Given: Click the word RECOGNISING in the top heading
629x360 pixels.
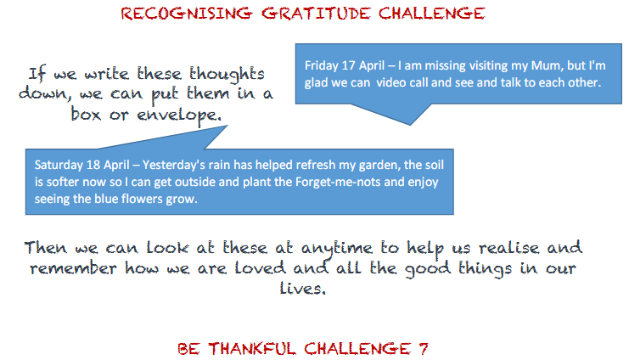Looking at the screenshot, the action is [x=187, y=14].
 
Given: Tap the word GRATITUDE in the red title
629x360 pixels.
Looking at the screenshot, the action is [x=316, y=14].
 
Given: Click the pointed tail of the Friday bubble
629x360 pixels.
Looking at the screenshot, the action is [x=410, y=125].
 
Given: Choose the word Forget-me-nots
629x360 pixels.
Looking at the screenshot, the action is [x=338, y=182].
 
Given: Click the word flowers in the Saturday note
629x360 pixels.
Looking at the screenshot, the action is [x=140, y=199].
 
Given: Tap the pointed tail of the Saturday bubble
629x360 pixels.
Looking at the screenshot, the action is [x=227, y=126].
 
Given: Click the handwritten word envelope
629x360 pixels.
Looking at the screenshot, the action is [x=179, y=115].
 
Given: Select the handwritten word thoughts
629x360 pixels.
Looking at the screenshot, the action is [x=227, y=75].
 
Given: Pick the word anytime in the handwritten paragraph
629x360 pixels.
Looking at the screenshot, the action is [x=336, y=249].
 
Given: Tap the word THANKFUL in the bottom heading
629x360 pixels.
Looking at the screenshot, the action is [x=252, y=348].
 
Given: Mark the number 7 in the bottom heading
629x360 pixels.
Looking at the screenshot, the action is [x=424, y=348].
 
